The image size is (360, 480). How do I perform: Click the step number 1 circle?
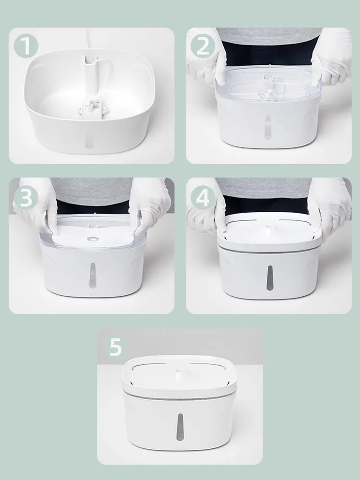pyautogui.click(x=26, y=47)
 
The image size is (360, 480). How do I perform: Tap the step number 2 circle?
pyautogui.click(x=203, y=47)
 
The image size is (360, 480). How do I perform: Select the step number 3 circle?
pyautogui.click(x=26, y=197)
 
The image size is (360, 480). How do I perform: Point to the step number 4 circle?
pyautogui.click(x=203, y=197)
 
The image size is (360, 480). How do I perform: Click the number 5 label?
pyautogui.click(x=115, y=347)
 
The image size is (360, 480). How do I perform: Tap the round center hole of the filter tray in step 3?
pyautogui.click(x=91, y=239)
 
